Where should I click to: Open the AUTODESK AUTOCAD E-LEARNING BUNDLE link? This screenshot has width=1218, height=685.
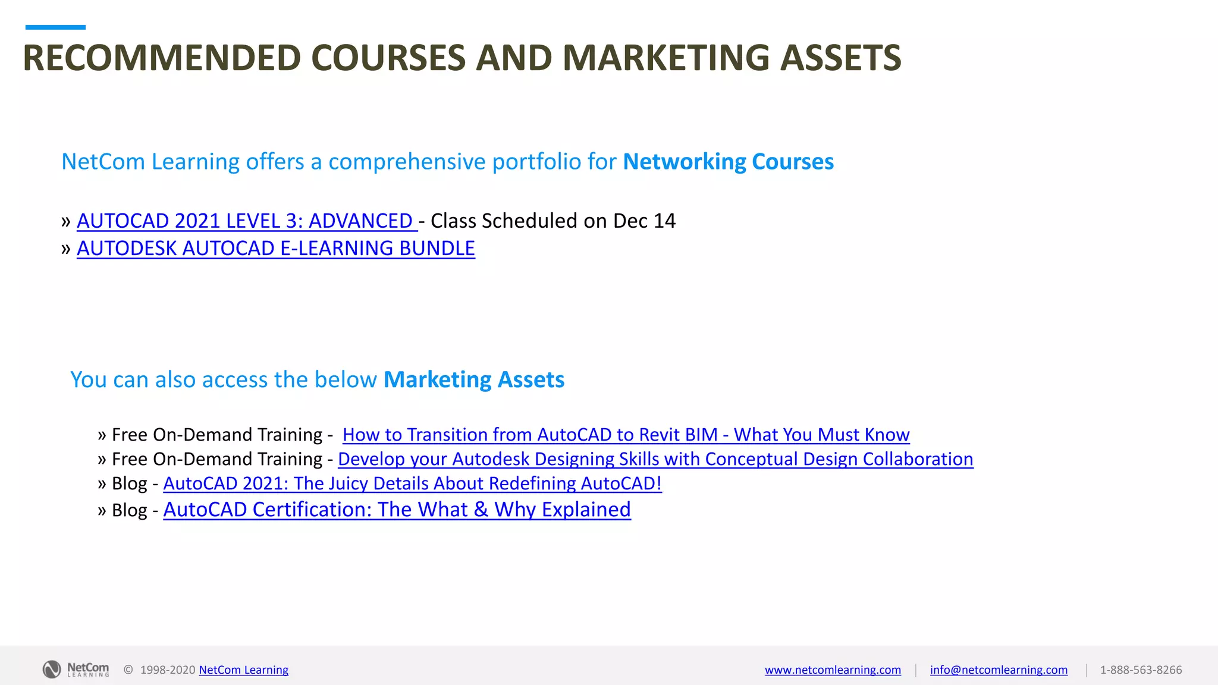click(x=276, y=249)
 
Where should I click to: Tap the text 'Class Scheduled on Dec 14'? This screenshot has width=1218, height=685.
click(x=553, y=221)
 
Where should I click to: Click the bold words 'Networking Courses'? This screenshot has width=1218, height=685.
click(x=728, y=162)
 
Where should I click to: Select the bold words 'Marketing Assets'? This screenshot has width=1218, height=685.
click(x=474, y=380)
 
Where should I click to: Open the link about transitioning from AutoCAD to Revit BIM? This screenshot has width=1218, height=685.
click(x=626, y=435)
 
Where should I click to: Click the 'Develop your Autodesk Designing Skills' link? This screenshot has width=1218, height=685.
click(x=655, y=459)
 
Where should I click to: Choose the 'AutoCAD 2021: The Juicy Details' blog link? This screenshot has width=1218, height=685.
click(x=412, y=483)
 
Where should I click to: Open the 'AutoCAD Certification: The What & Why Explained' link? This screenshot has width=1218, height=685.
click(x=397, y=510)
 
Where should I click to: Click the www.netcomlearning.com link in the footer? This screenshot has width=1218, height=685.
click(x=833, y=670)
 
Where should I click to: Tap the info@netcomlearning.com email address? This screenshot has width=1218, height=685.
click(x=999, y=670)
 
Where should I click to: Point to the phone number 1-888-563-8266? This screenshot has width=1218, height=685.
click(x=1141, y=670)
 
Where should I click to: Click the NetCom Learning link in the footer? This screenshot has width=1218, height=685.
click(x=243, y=670)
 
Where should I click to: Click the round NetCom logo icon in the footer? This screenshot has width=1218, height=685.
click(x=52, y=670)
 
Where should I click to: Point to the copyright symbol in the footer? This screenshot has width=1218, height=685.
click(x=128, y=670)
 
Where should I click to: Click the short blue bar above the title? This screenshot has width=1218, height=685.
click(x=55, y=27)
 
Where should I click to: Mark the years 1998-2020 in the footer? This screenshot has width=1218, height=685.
click(x=168, y=670)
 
